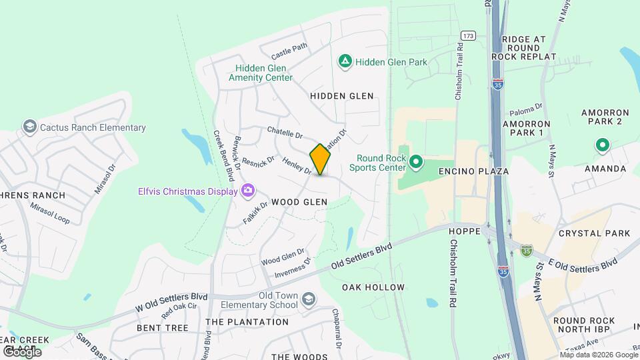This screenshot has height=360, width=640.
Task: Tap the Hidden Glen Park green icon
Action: point(345,62)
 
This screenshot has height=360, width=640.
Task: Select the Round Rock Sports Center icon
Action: point(416,162)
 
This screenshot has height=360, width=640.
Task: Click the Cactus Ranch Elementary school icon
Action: point(29,127)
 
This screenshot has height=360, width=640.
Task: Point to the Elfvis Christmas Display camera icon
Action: point(248,191)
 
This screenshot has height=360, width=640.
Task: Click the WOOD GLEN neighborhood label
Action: point(299,201)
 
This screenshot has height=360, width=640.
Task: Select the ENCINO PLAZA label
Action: point(473,171)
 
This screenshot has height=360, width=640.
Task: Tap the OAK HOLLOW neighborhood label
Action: point(373,287)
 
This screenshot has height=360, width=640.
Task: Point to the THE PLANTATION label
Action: point(247,321)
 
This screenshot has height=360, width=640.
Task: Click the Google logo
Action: point(22,351)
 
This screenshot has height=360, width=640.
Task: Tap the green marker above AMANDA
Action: point(602,145)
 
